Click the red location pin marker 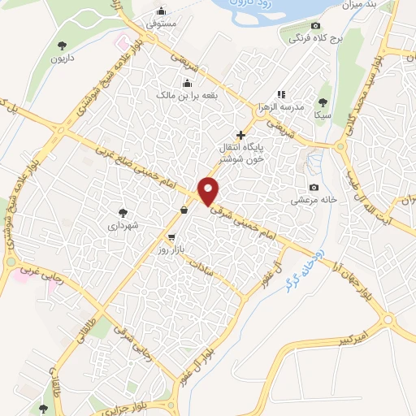click(209, 191)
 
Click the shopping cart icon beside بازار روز click(171, 237)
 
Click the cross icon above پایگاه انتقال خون click(240, 134)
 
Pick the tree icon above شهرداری click(123, 210)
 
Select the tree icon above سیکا click(323, 102)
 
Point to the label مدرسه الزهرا click(281, 107)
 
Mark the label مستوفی click(161, 25)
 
